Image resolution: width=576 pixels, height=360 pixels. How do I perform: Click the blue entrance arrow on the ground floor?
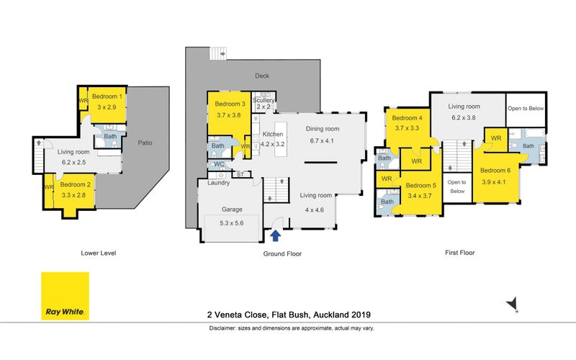coord(276,235)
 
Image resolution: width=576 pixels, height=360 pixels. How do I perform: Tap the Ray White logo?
coord(65,296)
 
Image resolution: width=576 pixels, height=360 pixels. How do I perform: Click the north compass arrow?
coord(513,304)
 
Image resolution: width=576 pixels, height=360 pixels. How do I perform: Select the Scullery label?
coord(264,100)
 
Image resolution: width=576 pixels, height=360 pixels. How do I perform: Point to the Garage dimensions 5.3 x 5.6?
coord(231,223)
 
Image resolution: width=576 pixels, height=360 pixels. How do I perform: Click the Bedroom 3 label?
coord(230,104)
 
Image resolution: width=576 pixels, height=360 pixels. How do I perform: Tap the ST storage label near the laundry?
coord(240,174)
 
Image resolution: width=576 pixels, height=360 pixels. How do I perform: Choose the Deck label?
coord(262,76)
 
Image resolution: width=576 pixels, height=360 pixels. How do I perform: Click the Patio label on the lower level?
coord(145,143)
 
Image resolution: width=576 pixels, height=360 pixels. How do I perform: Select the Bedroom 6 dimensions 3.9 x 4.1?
coord(494,182)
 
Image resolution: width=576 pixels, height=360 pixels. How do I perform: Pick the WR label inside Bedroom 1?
coord(84,100)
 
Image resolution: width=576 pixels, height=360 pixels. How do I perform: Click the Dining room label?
coord(323,129)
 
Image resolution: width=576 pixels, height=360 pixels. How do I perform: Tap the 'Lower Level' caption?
coord(99,253)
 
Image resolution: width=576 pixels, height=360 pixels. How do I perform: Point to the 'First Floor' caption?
coord(460,253)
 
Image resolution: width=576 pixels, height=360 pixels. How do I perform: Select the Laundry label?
coord(219,183)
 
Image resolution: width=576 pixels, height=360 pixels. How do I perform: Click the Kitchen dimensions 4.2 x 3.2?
coord(273,145)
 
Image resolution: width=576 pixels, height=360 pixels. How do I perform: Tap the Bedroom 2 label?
coord(76,185)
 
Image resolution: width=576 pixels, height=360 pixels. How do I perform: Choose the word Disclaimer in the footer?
coord(222,328)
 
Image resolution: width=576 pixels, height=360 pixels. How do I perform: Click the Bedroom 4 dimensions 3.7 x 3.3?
coord(407,128)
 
